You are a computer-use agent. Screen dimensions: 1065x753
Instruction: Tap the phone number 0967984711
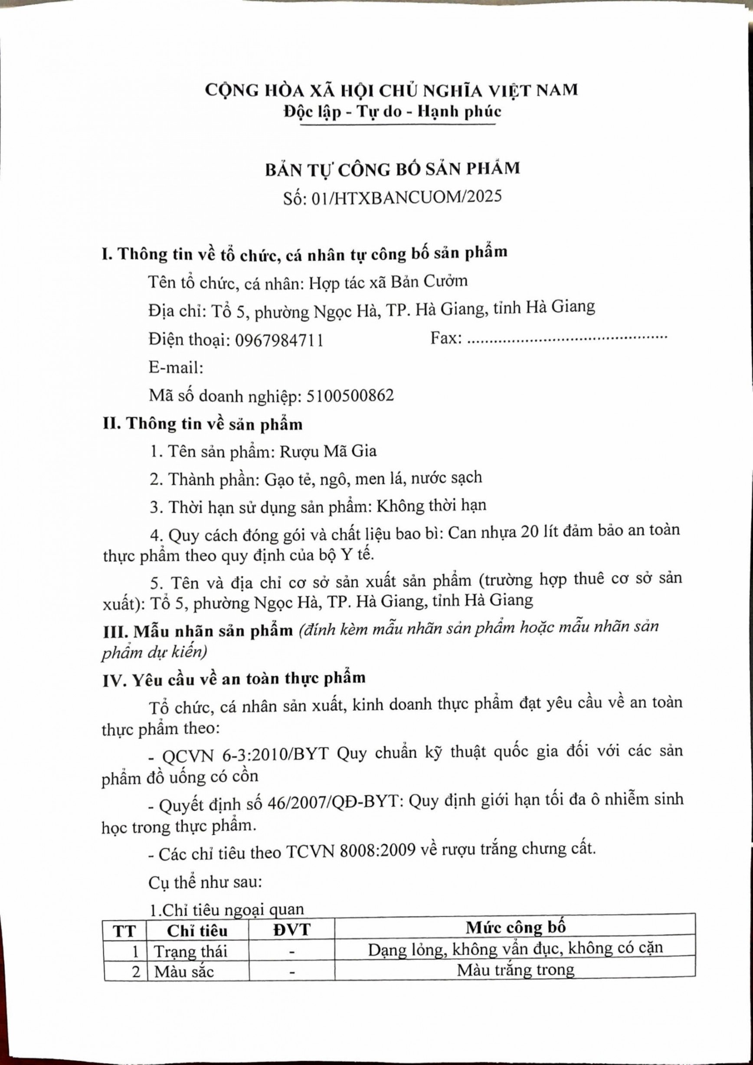click(x=279, y=340)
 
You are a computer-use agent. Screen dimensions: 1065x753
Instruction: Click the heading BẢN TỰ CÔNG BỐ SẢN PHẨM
click(x=393, y=169)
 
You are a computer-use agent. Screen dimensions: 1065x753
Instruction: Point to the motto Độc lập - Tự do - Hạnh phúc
click(x=393, y=112)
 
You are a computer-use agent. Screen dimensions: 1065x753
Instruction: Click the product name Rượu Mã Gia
click(x=327, y=451)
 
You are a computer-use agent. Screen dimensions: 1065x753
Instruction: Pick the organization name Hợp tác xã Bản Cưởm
click(x=388, y=281)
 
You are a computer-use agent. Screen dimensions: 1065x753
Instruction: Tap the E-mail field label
click(x=176, y=368)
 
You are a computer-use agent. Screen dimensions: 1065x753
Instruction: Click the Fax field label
click(x=446, y=338)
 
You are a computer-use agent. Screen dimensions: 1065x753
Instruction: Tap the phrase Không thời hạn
click(x=431, y=505)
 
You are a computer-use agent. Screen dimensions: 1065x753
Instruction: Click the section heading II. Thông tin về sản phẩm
click(x=202, y=424)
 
